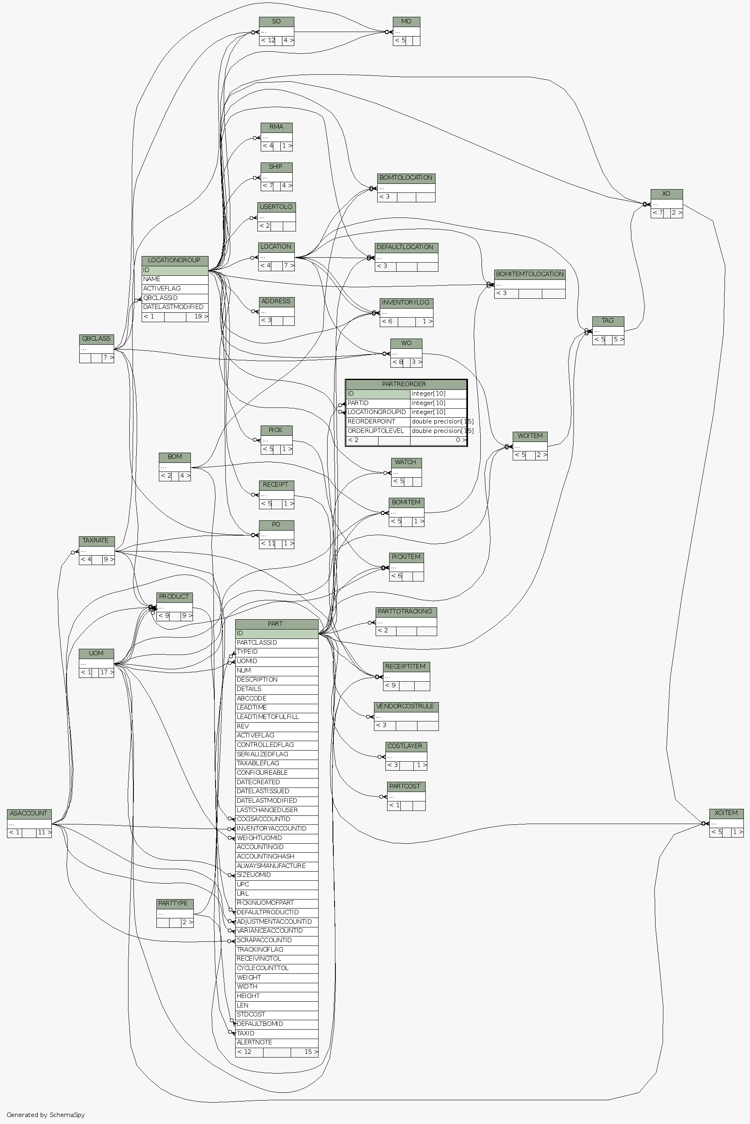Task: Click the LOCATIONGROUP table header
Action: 174,260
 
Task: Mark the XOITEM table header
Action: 726,813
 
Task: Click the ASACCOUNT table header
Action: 29,813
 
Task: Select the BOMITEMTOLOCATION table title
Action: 530,274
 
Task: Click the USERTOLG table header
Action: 276,206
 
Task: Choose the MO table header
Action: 406,21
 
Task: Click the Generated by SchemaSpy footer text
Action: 46,1115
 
